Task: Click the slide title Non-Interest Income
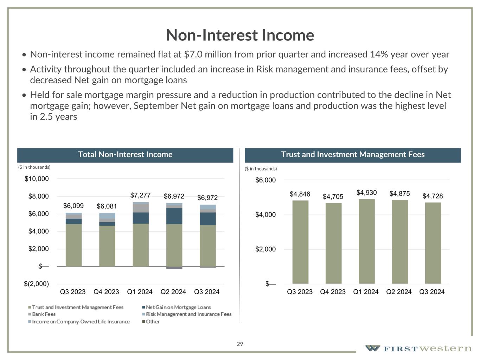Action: click(240, 35)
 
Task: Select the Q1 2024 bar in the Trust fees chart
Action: click(366, 241)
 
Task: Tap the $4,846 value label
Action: click(300, 194)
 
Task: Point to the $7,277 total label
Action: click(140, 195)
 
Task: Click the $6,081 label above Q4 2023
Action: click(107, 206)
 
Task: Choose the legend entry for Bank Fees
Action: click(44, 314)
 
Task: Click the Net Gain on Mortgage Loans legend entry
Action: click(178, 307)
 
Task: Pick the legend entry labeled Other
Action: click(153, 322)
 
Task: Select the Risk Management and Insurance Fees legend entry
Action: click(188, 314)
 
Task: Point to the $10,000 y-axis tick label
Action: click(37, 179)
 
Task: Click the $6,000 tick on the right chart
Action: click(265, 180)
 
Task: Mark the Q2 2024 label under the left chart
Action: click(173, 292)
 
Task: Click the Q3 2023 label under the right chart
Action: click(300, 292)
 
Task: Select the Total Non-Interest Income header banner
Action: click(125, 155)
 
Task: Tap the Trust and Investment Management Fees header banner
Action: click(353, 155)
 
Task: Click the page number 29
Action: click(240, 344)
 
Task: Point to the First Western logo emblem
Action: click(372, 348)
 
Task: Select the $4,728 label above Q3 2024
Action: click(433, 196)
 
